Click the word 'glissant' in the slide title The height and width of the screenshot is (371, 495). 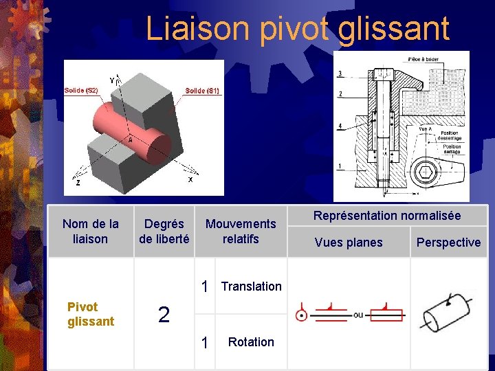tap(394, 29)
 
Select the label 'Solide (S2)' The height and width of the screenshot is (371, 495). tap(81, 91)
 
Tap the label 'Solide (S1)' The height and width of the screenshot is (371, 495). tap(202, 91)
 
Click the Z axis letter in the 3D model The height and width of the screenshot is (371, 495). tap(78, 183)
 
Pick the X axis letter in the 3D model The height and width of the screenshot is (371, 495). tap(190, 179)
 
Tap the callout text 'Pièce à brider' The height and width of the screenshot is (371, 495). tap(425, 60)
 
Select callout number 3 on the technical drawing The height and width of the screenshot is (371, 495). tap(340, 74)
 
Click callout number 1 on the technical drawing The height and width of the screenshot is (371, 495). tap(340, 166)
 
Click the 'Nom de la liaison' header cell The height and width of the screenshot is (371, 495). tap(90, 232)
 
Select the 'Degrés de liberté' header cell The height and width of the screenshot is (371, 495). tap(164, 232)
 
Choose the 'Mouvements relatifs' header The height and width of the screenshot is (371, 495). tap(241, 232)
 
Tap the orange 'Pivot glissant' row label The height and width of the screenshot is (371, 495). tap(91, 315)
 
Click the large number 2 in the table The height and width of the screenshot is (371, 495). tap(164, 315)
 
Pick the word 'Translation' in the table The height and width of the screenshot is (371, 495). tap(251, 286)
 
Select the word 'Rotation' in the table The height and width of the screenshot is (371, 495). tap(251, 342)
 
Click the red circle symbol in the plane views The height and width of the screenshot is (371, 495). tap(300, 316)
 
